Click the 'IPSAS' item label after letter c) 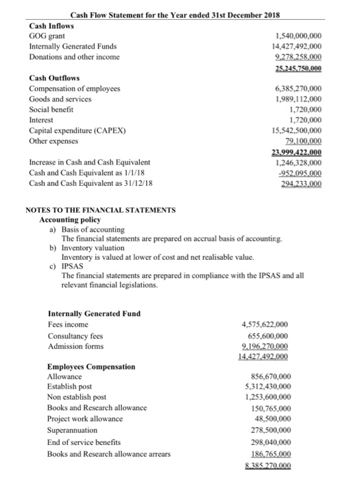(x=72, y=267)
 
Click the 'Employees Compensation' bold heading (x=91, y=367)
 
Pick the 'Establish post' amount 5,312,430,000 (x=265, y=388)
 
